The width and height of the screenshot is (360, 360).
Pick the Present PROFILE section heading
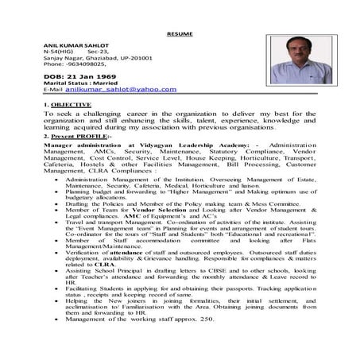tap(71, 136)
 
